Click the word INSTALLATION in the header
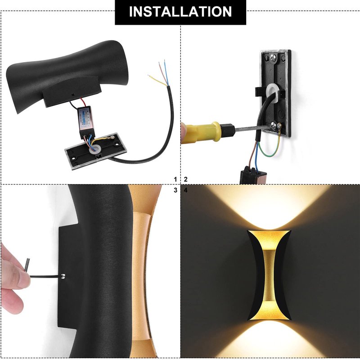tap(180, 12)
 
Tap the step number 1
tap(175, 179)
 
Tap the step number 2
tap(185, 179)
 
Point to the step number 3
tap(175, 190)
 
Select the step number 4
tap(185, 190)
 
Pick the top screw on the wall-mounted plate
tap(273, 58)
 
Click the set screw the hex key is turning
tap(63, 276)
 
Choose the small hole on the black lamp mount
tap(73, 94)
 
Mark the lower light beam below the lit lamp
tap(269, 339)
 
